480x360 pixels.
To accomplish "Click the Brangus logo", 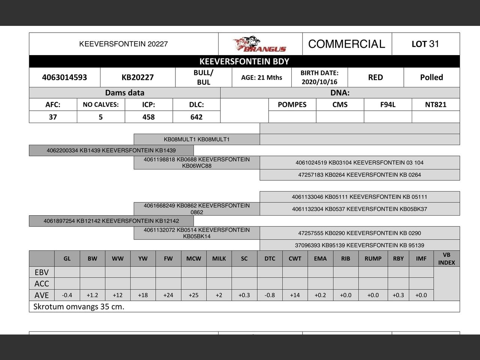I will click(x=259, y=44).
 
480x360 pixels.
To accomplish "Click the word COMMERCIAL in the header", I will click(x=346, y=44).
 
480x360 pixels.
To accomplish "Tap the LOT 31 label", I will click(x=425, y=44).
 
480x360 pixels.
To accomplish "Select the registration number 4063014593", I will click(x=64, y=77).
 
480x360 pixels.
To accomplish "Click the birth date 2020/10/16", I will click(x=319, y=82).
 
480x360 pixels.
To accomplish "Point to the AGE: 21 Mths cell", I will click(x=262, y=77).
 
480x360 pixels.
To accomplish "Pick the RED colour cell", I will click(x=375, y=77).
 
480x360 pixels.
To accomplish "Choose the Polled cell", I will click(x=431, y=77).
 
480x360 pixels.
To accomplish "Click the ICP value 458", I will click(x=148, y=117).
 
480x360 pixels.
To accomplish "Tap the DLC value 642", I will click(x=196, y=117).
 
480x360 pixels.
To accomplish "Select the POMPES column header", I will click(x=292, y=105).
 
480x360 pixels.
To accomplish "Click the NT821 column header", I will click(x=436, y=105).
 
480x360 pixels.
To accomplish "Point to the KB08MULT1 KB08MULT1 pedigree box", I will click(x=196, y=139).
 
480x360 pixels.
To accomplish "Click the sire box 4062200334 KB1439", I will click(x=111, y=150).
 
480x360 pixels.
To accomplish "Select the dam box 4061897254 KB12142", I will click(x=111, y=221).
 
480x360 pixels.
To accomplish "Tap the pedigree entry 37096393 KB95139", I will click(x=360, y=245).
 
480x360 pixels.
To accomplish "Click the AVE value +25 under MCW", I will click(x=193, y=295).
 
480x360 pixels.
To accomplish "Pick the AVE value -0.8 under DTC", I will click(x=270, y=295).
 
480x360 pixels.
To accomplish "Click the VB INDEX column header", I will click(x=446, y=259).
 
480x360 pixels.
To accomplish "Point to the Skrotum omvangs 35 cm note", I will click(x=79, y=306).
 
